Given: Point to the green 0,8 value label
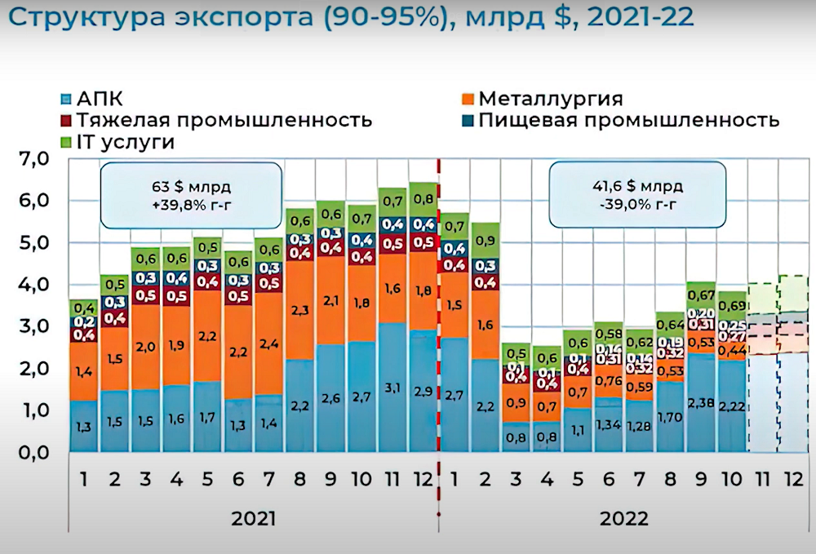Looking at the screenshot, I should pyautogui.click(x=424, y=198).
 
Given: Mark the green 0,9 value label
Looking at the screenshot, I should pyautogui.click(x=486, y=241).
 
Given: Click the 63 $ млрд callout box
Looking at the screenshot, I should pyautogui.click(x=191, y=193).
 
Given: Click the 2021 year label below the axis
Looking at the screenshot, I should pyautogui.click(x=253, y=518).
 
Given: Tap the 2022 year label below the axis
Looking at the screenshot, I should pyautogui.click(x=624, y=518).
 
